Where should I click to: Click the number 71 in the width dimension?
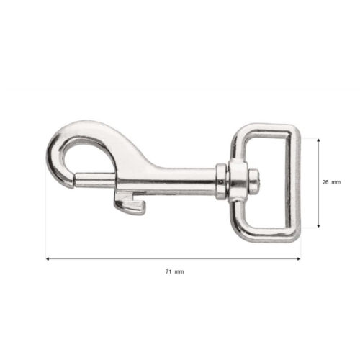tap(168, 271)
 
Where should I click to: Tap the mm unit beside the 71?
tap(179, 271)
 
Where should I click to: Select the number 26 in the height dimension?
tap(326, 183)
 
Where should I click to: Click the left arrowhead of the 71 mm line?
tap(48, 258)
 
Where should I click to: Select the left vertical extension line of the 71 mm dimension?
tap(46, 216)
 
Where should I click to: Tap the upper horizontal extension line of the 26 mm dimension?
tap(308, 138)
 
